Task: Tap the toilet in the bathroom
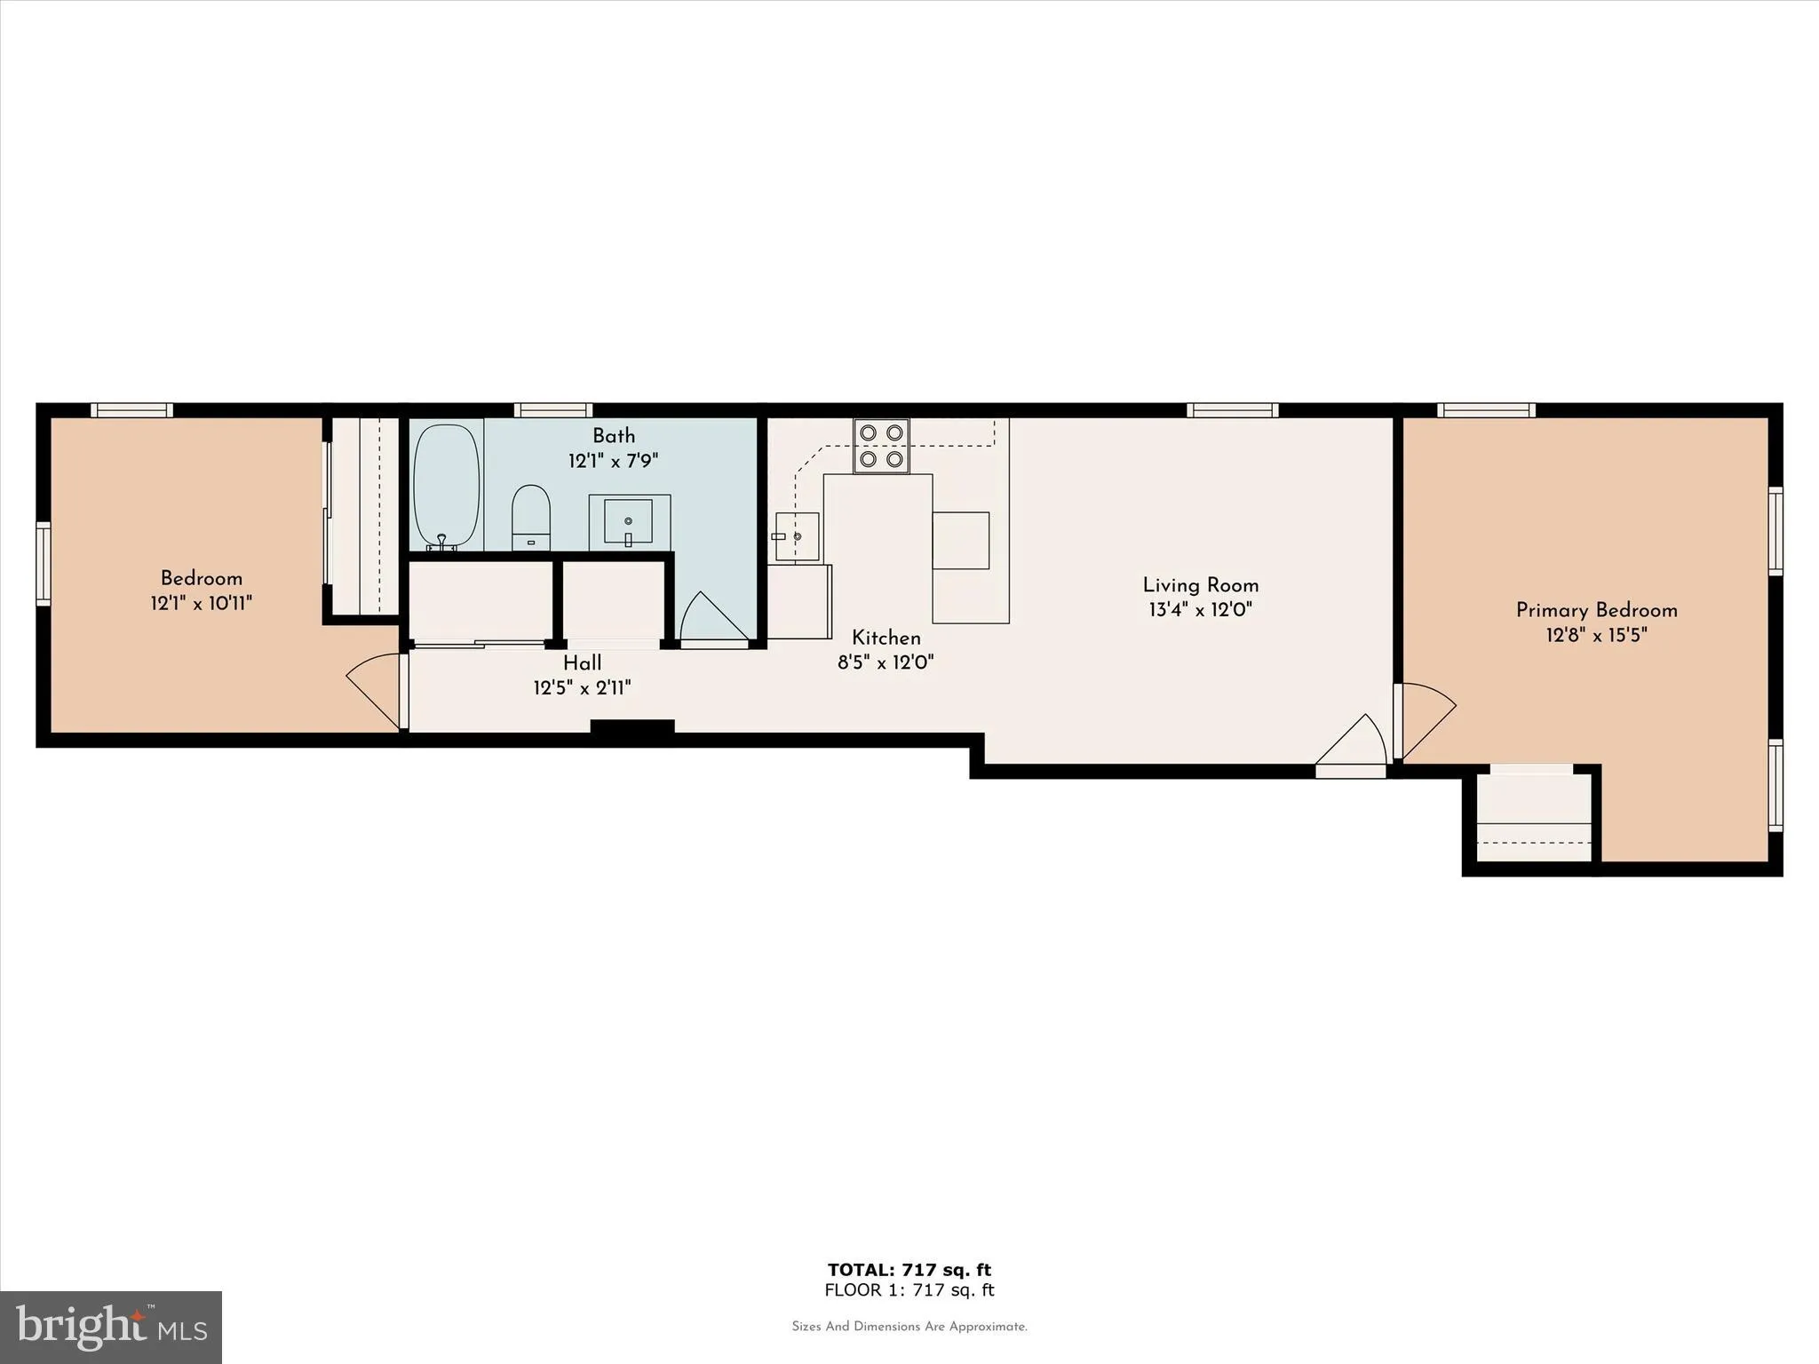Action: pos(531,517)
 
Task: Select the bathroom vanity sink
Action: pos(629,521)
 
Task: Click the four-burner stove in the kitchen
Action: pos(881,446)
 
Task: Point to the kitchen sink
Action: pos(797,535)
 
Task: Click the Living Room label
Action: pos(1200,585)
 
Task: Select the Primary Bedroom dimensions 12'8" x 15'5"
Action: pos(1596,635)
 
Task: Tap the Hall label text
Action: pos(582,662)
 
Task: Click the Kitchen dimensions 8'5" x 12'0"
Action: pos(886,662)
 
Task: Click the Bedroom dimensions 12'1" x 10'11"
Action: pos(202,604)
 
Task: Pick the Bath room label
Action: pos(614,436)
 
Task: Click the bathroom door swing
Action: pos(711,618)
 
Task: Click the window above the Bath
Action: pos(553,410)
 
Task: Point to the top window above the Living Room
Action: pos(1233,410)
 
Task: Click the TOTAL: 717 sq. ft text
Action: pos(909,1270)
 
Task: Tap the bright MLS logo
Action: pos(111,1327)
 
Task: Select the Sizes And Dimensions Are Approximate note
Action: pos(909,1327)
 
